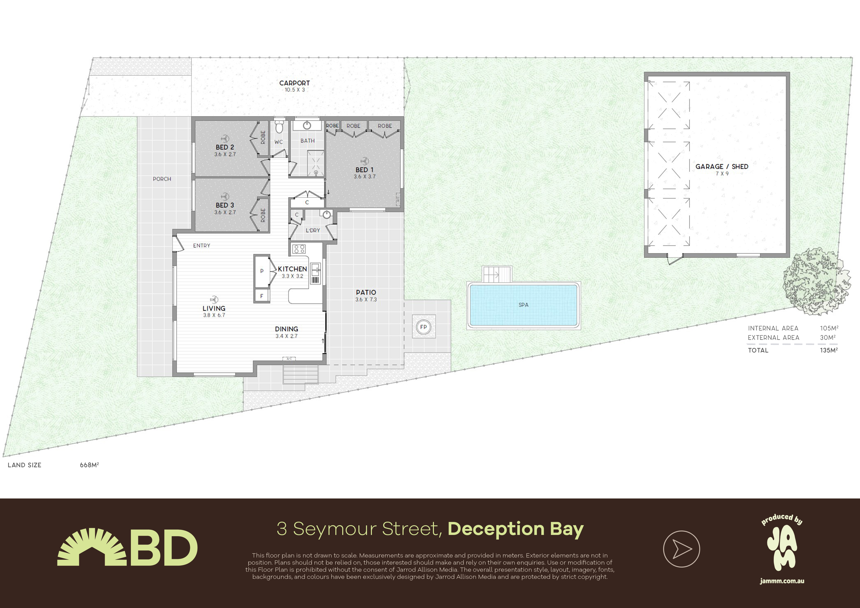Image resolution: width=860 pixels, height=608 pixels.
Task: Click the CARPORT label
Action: click(x=294, y=83)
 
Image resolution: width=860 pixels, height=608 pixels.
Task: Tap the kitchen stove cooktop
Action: click(x=299, y=249)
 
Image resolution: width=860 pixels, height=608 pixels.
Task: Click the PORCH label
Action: click(x=162, y=179)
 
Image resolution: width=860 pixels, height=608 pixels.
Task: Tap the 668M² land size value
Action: click(x=89, y=465)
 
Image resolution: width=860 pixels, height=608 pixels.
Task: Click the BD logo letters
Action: click(x=164, y=548)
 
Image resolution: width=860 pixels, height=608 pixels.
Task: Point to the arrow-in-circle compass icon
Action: click(x=681, y=549)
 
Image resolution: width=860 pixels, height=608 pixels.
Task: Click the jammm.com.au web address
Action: click(x=782, y=581)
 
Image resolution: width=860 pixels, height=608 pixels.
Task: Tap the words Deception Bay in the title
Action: click(x=515, y=529)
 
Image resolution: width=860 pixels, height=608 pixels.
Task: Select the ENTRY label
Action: click(x=202, y=246)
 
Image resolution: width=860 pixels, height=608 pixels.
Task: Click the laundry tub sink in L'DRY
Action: click(x=327, y=214)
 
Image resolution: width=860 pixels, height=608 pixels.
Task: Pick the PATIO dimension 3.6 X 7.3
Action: click(x=366, y=300)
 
